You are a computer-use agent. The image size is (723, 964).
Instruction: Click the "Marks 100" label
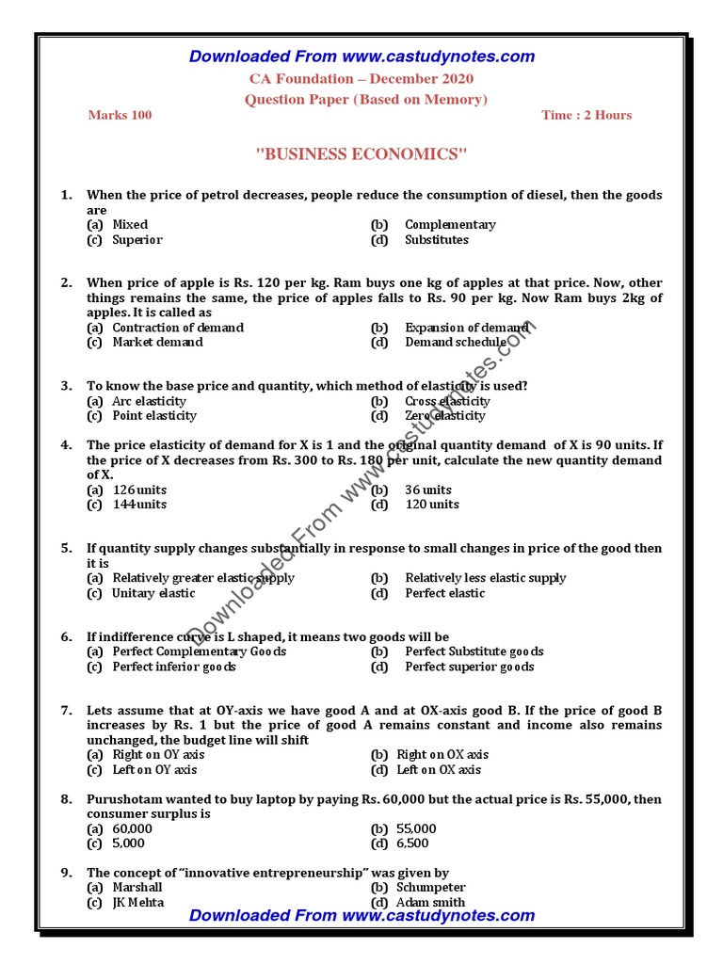120,115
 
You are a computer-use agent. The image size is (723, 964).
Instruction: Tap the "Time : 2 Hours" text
586,115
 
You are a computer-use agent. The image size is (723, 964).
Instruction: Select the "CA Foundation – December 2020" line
361,79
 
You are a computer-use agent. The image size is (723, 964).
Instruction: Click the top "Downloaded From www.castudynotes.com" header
361,56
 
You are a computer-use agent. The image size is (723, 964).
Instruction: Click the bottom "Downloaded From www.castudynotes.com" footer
361,915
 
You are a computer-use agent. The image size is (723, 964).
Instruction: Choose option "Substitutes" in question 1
436,240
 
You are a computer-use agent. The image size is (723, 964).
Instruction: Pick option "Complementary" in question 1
450,225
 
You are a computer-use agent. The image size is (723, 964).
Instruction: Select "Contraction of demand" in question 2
177,328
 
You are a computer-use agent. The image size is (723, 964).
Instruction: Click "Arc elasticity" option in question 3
149,401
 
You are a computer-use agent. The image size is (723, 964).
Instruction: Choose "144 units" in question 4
139,505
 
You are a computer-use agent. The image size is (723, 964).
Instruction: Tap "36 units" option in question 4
427,490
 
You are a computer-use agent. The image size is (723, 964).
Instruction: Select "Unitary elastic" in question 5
153,593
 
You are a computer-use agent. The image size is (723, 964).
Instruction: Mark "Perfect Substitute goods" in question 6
474,651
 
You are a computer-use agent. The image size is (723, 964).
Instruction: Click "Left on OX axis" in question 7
438,770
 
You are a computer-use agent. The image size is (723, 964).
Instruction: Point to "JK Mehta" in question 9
137,903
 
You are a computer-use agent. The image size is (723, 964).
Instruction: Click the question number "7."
67,711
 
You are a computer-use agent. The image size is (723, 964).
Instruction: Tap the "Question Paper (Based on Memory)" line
365,99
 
